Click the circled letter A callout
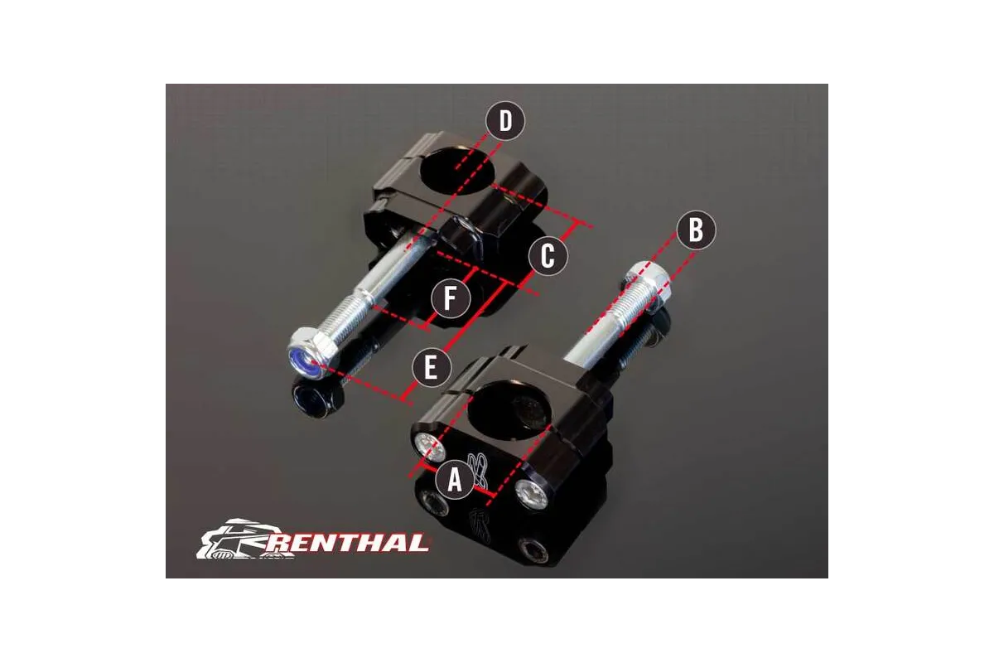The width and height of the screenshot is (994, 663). (x=454, y=479)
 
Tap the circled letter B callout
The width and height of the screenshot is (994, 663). (x=696, y=231)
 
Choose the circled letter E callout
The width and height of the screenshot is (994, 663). (x=430, y=367)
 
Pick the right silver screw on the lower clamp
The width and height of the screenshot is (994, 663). (x=530, y=495)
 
